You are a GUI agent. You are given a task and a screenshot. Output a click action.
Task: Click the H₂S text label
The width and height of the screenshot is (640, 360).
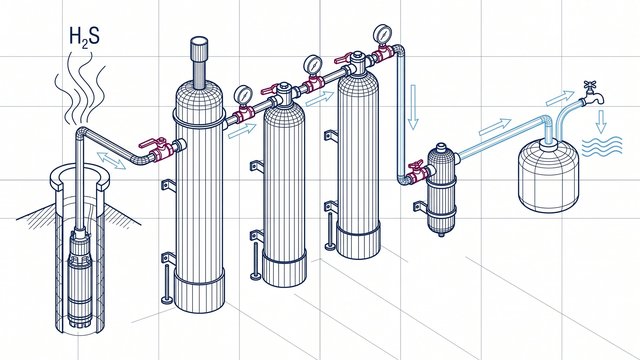(84, 37)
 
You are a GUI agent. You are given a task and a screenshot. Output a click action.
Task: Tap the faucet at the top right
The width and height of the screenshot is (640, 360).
(592, 93)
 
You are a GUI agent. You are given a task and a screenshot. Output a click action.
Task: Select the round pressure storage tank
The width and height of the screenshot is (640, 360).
(549, 176)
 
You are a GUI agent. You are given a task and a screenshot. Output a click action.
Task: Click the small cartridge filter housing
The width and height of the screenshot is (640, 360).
(441, 189)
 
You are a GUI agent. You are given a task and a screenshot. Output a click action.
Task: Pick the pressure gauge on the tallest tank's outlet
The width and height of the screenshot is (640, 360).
(243, 95)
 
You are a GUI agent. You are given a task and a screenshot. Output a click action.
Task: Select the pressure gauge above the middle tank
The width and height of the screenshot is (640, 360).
(312, 65)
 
